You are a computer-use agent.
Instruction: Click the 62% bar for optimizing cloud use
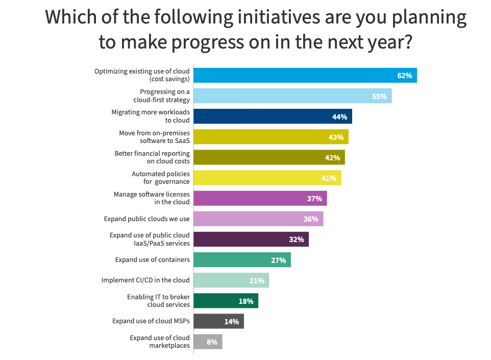305,76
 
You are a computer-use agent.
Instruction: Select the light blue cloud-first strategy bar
292,96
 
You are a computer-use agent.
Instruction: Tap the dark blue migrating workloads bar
273,116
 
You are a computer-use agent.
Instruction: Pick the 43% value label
336,137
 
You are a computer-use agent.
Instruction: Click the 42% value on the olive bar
332,157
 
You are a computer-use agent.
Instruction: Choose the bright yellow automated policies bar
267,178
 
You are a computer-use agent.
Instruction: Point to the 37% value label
314,198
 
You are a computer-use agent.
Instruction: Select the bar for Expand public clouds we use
258,219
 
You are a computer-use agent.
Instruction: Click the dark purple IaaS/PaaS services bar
251,239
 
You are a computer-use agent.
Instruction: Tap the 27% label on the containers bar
278,260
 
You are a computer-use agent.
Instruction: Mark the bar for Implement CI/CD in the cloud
231,280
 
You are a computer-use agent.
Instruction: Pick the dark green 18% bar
226,301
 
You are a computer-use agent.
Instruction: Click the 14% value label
231,321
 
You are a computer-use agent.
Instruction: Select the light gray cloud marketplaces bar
208,342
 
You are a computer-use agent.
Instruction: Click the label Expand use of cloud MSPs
151,321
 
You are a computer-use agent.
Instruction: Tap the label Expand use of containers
153,260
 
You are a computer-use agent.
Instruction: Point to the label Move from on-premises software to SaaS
154,137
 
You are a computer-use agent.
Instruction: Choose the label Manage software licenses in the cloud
151,198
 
